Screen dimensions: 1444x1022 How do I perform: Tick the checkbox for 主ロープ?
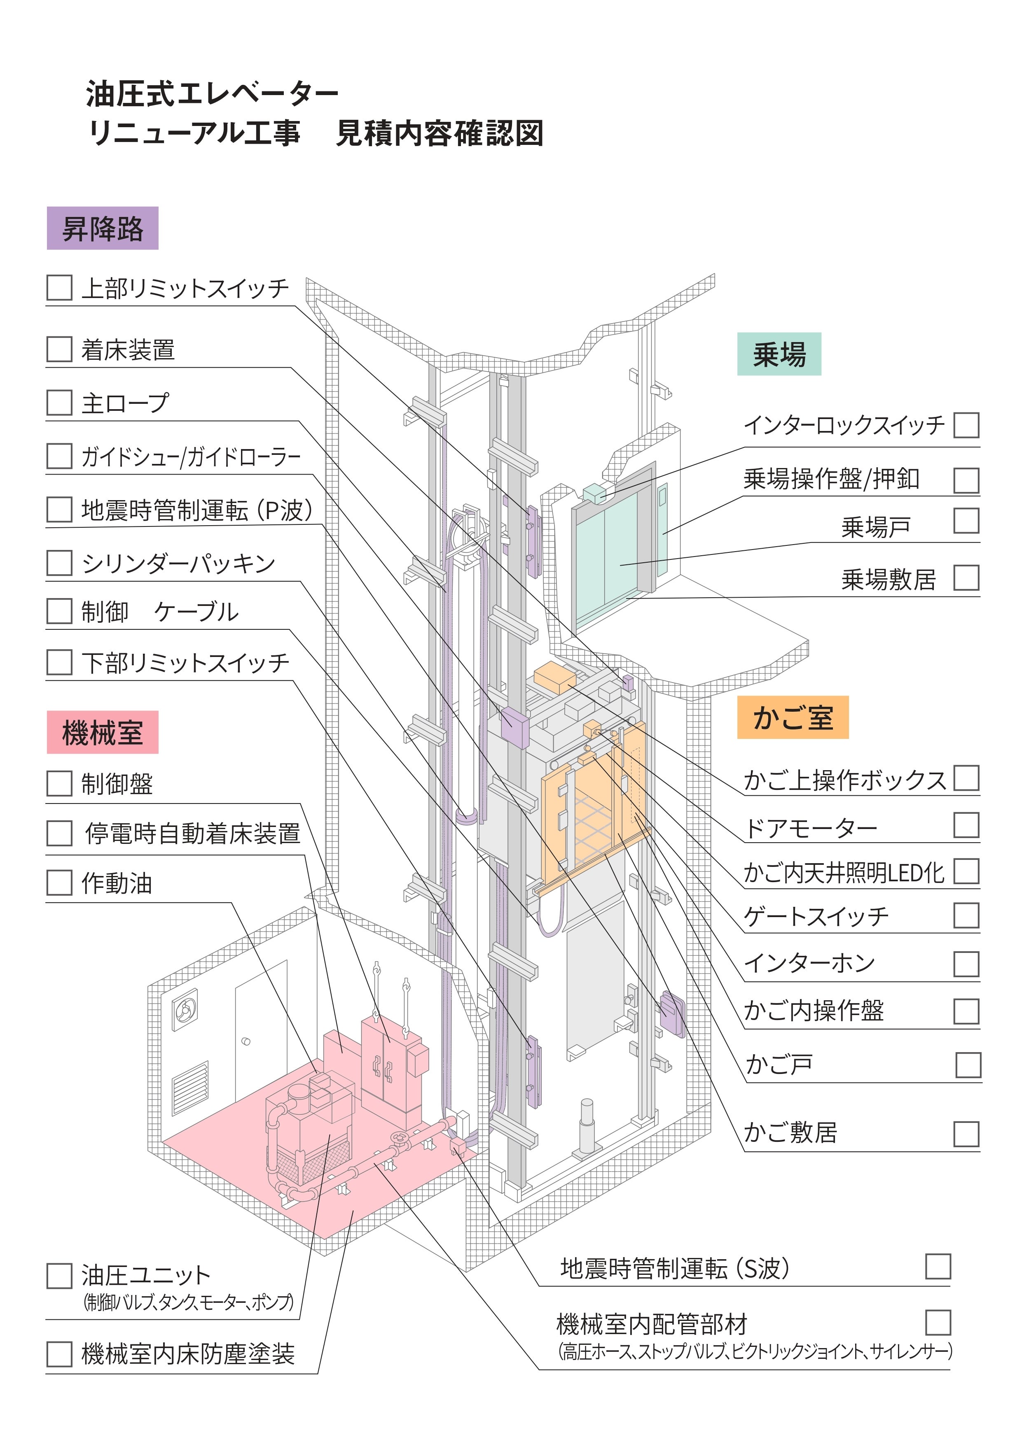pyautogui.click(x=59, y=403)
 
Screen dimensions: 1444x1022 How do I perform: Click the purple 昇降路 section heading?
pyautogui.click(x=103, y=228)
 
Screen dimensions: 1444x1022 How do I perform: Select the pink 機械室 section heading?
pyautogui.click(x=103, y=733)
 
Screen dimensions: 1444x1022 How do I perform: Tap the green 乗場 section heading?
pyautogui.click(x=779, y=354)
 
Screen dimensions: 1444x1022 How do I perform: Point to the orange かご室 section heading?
pyautogui.click(x=793, y=717)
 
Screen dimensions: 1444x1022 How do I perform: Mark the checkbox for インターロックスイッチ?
pyautogui.click(x=966, y=425)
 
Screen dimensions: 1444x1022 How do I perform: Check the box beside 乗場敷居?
pyautogui.click(x=966, y=578)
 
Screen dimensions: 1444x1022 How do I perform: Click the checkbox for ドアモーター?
pyautogui.click(x=966, y=825)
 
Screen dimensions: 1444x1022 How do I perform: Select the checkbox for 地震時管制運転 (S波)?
pyautogui.click(x=938, y=1267)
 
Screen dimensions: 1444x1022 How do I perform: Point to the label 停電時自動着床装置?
pyautogui.click(x=192, y=833)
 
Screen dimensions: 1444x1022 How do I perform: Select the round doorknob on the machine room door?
pyautogui.click(x=246, y=1041)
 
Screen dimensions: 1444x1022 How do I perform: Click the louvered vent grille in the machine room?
pyautogui.click(x=190, y=1088)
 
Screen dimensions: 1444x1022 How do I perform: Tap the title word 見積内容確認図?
pyautogui.click(x=439, y=133)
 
